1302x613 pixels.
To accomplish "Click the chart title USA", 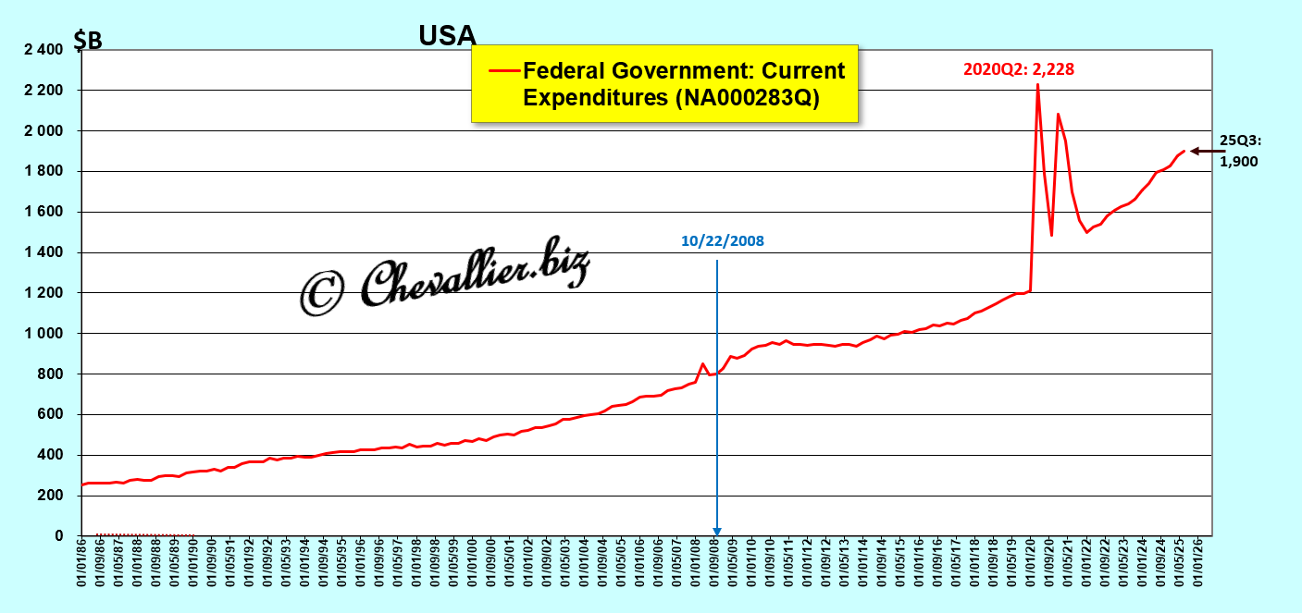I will (x=447, y=35).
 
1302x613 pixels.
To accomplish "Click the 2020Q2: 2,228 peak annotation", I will (x=1018, y=69).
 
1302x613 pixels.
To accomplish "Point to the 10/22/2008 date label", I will (x=723, y=240).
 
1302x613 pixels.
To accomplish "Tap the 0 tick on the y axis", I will (x=58, y=536).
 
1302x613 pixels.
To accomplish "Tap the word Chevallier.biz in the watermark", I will (x=474, y=277).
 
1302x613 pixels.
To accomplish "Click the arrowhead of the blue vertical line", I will (x=717, y=528).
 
